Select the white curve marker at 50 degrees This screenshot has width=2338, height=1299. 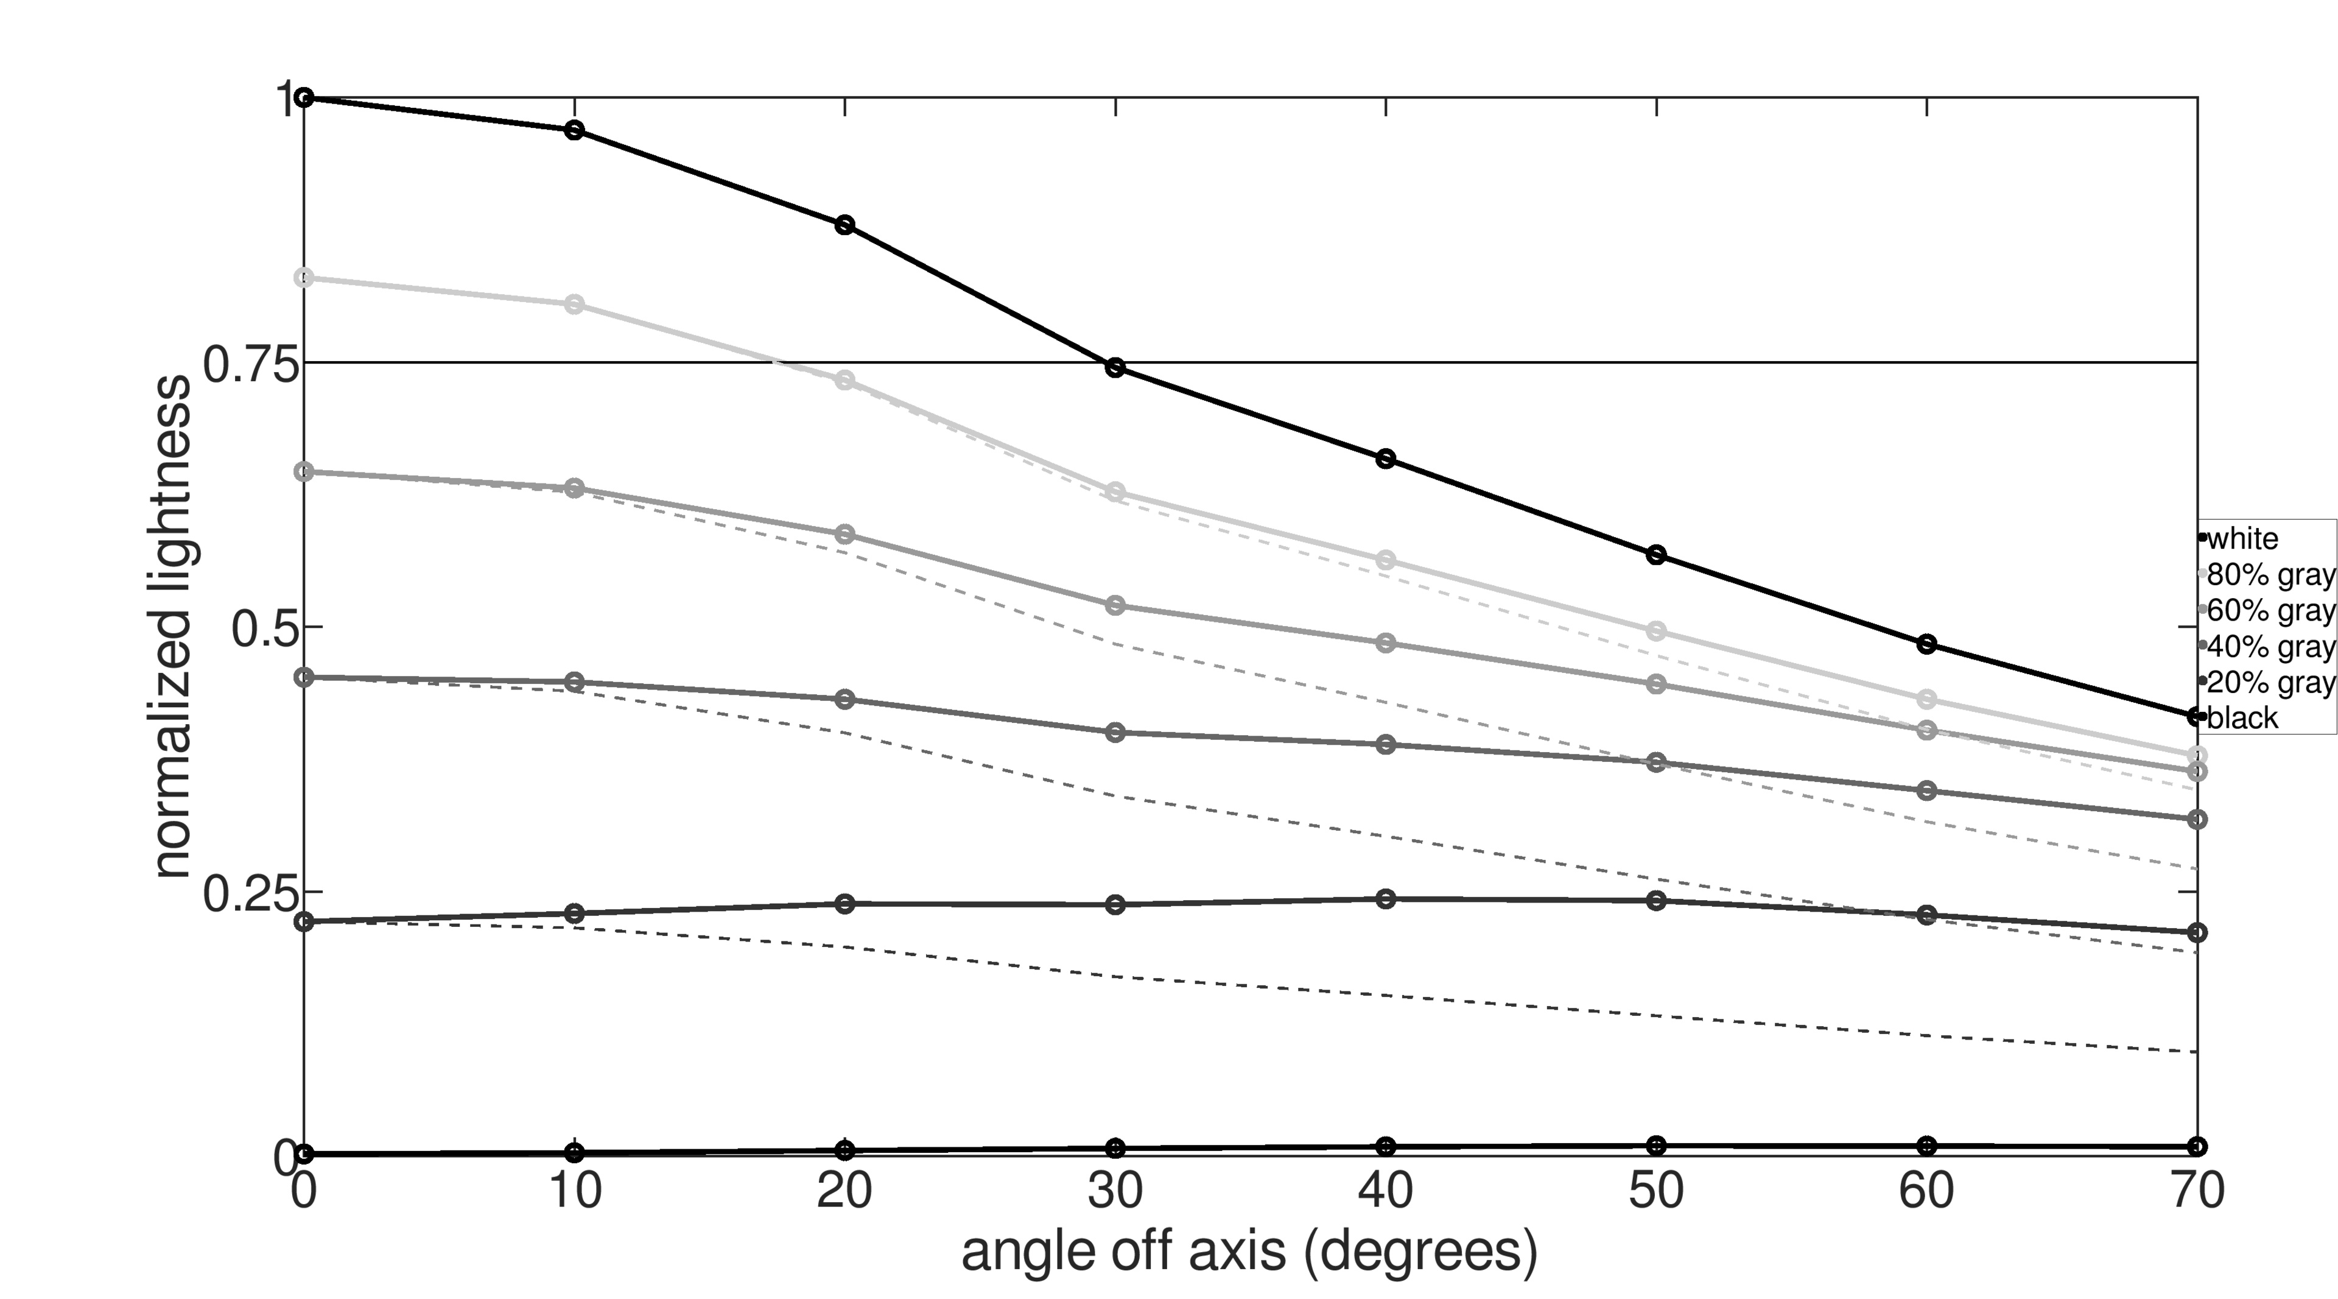coord(1656,555)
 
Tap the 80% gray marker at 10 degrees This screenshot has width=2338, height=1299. coord(575,304)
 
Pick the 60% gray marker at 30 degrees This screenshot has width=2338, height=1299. coord(1115,605)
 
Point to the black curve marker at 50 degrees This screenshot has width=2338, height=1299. coord(1656,1146)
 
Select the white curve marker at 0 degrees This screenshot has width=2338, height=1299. coord(305,97)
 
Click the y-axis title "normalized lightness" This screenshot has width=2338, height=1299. coord(172,626)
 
